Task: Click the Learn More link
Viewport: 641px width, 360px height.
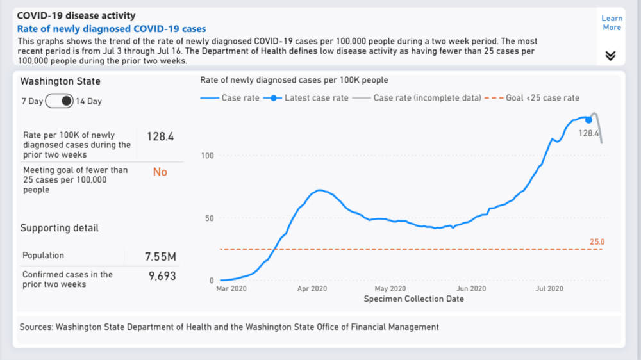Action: tap(612, 23)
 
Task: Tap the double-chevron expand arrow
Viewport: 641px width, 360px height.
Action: tap(610, 56)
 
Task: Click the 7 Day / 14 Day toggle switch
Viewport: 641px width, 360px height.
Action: tap(60, 101)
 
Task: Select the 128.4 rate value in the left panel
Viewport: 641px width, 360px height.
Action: tap(160, 136)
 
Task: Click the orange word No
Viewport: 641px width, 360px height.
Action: tap(160, 172)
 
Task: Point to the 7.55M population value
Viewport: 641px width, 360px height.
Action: tap(160, 257)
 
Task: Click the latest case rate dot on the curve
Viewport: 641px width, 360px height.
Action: tap(588, 120)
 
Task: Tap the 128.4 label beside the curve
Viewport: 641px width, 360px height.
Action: tap(588, 133)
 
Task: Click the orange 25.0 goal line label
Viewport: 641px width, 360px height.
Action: tap(597, 242)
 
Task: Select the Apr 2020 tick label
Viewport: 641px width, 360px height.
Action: tap(312, 289)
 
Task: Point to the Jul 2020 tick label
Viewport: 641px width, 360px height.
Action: tap(549, 289)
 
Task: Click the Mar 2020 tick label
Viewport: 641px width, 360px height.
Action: tap(232, 289)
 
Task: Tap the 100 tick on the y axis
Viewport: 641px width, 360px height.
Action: tap(207, 156)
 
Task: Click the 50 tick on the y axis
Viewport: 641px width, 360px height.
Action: tap(209, 218)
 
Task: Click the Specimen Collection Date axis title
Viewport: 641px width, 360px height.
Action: tap(413, 299)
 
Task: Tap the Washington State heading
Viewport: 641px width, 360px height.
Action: tap(60, 81)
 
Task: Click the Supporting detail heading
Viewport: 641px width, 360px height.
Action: tap(60, 228)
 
